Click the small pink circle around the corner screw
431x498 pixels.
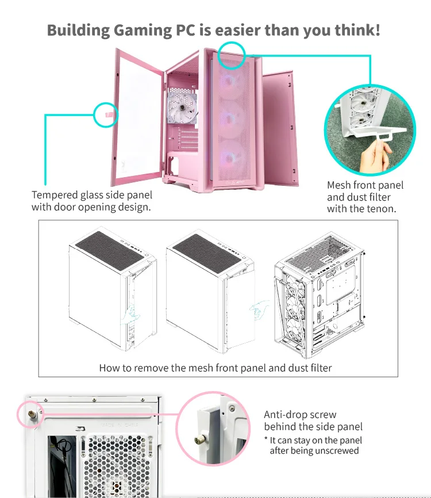click(x=29, y=414)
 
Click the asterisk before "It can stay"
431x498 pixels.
click(x=266, y=439)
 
